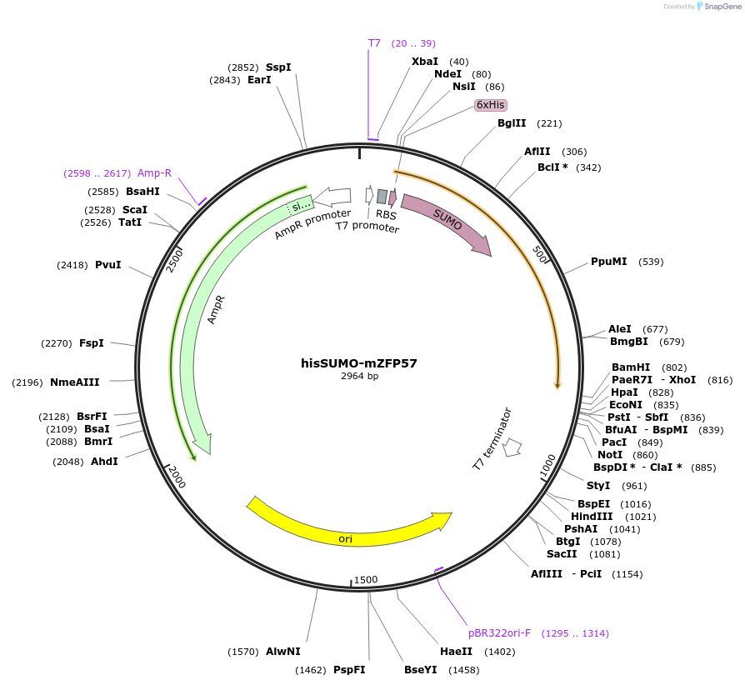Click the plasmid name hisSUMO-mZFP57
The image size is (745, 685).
tap(358, 363)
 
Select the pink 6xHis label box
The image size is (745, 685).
tap(490, 104)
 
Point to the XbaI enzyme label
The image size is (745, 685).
tap(425, 62)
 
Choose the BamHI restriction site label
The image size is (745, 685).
tap(631, 367)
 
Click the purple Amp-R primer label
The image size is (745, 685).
tap(154, 173)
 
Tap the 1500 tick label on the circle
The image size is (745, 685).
tap(366, 580)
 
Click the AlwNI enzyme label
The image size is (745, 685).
tap(283, 652)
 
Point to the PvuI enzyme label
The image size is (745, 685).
tap(108, 265)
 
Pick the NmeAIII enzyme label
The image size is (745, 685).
tap(75, 382)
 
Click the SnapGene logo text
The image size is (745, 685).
tap(722, 7)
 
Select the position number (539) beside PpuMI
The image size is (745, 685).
tap(651, 262)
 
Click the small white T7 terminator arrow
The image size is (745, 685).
tap(512, 447)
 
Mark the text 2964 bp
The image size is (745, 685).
tap(359, 377)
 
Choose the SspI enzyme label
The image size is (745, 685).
tap(278, 67)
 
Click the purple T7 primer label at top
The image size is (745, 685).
tap(374, 43)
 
